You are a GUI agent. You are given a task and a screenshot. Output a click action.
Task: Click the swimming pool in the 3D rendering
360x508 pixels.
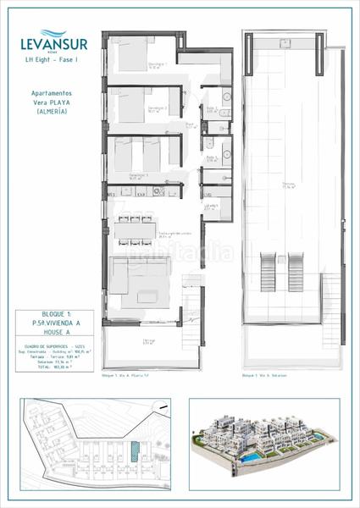click(x=324, y=457)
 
